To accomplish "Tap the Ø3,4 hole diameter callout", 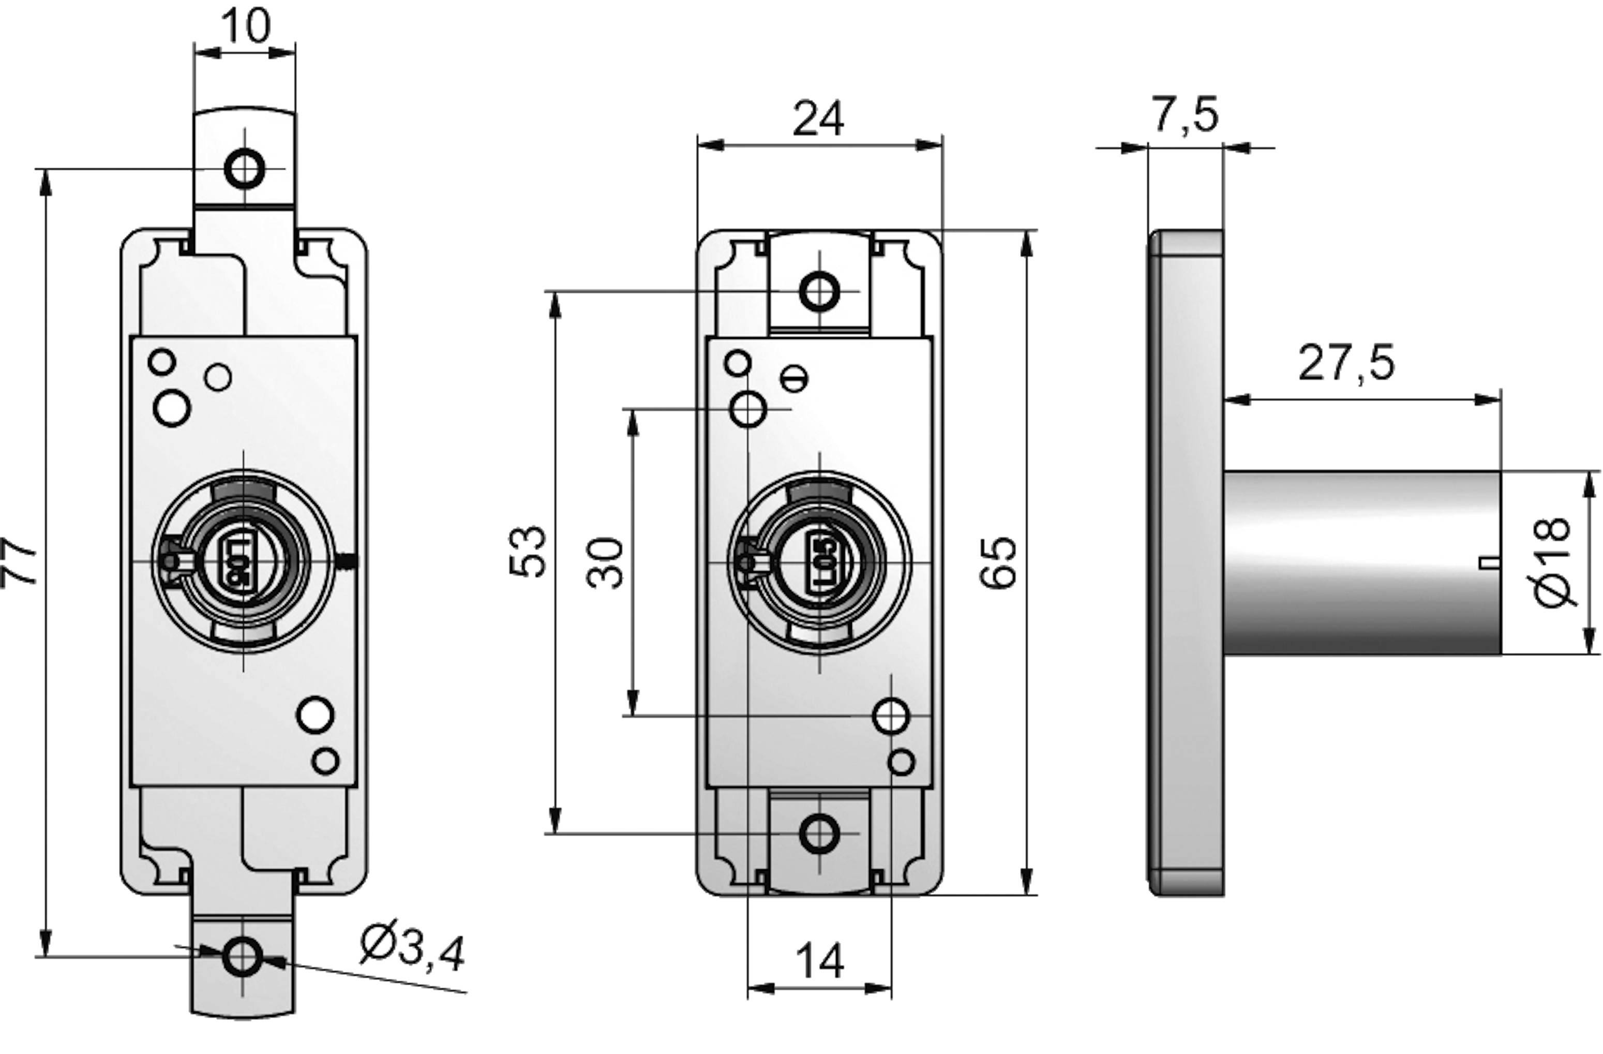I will click(x=412, y=949).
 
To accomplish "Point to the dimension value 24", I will click(x=818, y=120).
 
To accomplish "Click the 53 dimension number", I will click(x=528, y=551).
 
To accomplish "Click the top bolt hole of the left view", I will click(x=244, y=169).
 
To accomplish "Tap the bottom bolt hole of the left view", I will click(x=243, y=956).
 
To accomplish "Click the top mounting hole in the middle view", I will click(x=819, y=291).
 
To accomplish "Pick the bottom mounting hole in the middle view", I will click(x=819, y=834).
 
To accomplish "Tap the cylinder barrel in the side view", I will click(x=1360, y=563).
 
